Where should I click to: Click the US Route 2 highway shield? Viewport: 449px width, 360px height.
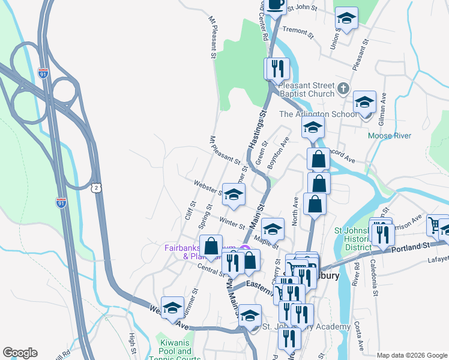pyautogui.click(x=97, y=188)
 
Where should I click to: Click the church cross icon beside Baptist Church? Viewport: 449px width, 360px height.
pyautogui.click(x=343, y=89)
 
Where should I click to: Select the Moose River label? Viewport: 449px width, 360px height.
pyautogui.click(x=390, y=136)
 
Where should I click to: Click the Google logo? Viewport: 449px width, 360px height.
pyautogui.click(x=20, y=353)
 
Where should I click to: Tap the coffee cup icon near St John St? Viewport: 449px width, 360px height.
pyautogui.click(x=276, y=4)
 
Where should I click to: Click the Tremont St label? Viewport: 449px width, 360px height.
pyautogui.click(x=298, y=31)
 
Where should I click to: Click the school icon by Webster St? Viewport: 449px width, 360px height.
pyautogui.click(x=234, y=193)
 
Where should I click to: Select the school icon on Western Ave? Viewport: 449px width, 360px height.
pyautogui.click(x=172, y=307)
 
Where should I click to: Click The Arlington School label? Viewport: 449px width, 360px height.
pyautogui.click(x=310, y=114)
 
